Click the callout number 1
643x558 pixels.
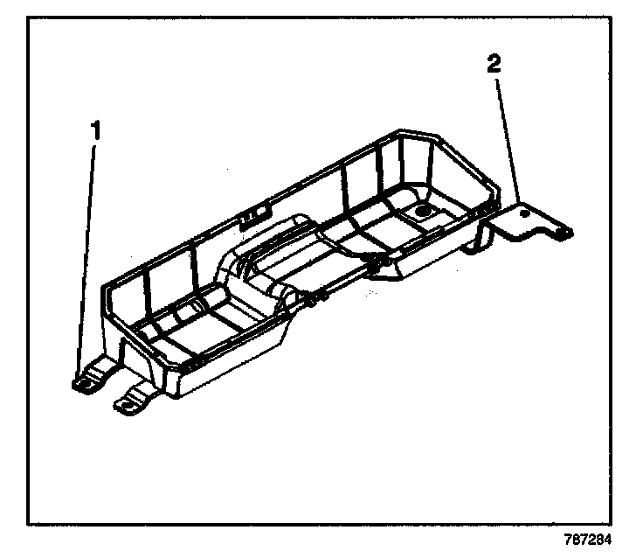tap(97, 130)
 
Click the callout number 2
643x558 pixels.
tap(494, 63)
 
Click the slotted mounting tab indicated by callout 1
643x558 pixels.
tap(86, 380)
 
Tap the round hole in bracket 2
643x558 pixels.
tap(523, 212)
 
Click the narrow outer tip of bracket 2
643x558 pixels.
tap(564, 233)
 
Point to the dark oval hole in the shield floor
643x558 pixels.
tap(423, 210)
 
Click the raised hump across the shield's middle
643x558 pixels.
tap(262, 262)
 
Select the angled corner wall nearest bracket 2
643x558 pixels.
tap(467, 166)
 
